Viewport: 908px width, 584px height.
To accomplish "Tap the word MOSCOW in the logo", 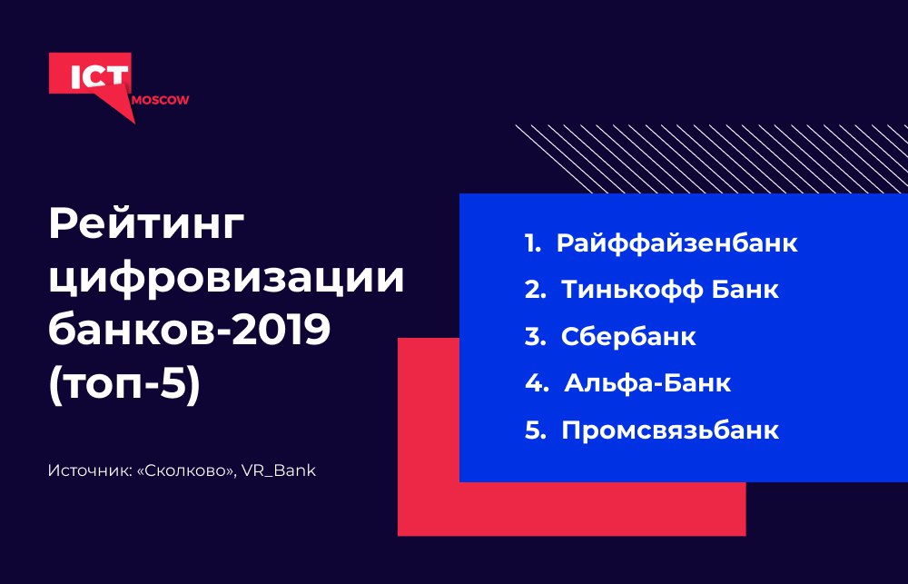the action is click(x=161, y=100).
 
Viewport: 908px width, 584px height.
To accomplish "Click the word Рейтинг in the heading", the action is click(x=147, y=226).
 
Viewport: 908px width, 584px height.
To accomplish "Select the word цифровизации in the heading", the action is click(x=226, y=279).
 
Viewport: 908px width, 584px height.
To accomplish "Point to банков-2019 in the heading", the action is click(x=190, y=330).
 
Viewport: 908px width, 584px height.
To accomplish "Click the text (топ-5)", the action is click(x=124, y=384).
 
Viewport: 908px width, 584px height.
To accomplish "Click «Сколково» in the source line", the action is click(x=186, y=470).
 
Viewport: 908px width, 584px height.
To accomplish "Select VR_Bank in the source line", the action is click(x=279, y=470).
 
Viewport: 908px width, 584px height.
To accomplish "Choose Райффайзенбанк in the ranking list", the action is click(x=677, y=243).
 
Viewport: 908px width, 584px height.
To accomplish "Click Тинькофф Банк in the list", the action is click(x=670, y=290).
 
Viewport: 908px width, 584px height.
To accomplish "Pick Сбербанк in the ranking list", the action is click(x=628, y=337).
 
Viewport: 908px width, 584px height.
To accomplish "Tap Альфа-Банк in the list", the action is click(x=647, y=383).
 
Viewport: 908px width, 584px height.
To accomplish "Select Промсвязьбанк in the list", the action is click(x=670, y=431).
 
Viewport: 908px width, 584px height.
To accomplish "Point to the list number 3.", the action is click(x=535, y=337).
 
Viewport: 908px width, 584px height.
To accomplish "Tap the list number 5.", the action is click(x=535, y=431).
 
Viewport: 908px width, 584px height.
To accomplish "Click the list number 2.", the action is click(x=535, y=290).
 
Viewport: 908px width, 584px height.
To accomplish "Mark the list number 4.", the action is click(x=537, y=383).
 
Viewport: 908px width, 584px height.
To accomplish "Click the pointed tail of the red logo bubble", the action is click(x=135, y=124).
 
